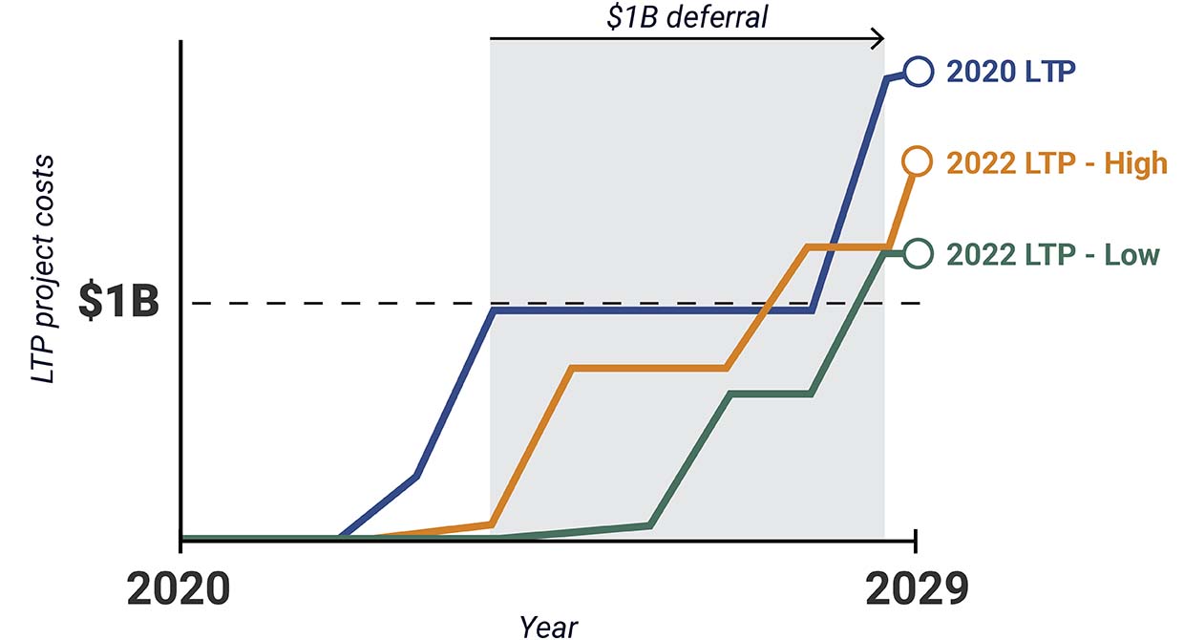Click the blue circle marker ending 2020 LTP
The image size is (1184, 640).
[x=917, y=72]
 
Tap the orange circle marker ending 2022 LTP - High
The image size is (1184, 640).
[x=917, y=162]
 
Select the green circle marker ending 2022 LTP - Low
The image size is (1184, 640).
[x=917, y=253]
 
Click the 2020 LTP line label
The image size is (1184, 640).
[x=1011, y=72]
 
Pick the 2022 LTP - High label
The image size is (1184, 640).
[x=1057, y=163]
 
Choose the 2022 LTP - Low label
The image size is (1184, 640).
[x=1053, y=255]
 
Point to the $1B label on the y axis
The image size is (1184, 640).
[x=118, y=301]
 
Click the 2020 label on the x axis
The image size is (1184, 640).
[x=178, y=589]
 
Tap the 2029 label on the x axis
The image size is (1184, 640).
[x=917, y=589]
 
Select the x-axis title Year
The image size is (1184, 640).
[x=549, y=626]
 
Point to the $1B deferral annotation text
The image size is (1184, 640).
[x=687, y=17]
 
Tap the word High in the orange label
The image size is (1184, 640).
[x=1135, y=163]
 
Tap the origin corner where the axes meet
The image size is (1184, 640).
[x=180, y=540]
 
